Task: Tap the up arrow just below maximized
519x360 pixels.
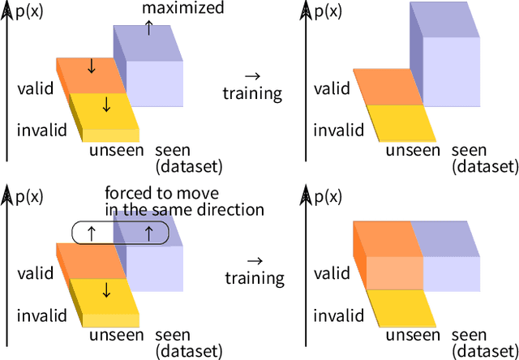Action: click(148, 27)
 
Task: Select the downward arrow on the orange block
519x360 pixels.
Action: click(91, 66)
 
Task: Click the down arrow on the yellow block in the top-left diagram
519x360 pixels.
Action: click(105, 105)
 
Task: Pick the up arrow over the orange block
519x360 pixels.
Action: click(91, 234)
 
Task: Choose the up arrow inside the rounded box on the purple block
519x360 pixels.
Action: click(148, 234)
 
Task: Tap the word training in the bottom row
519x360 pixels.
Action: click(255, 279)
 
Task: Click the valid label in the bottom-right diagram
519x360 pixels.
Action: click(332, 274)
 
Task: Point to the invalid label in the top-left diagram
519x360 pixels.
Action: click(39, 130)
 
